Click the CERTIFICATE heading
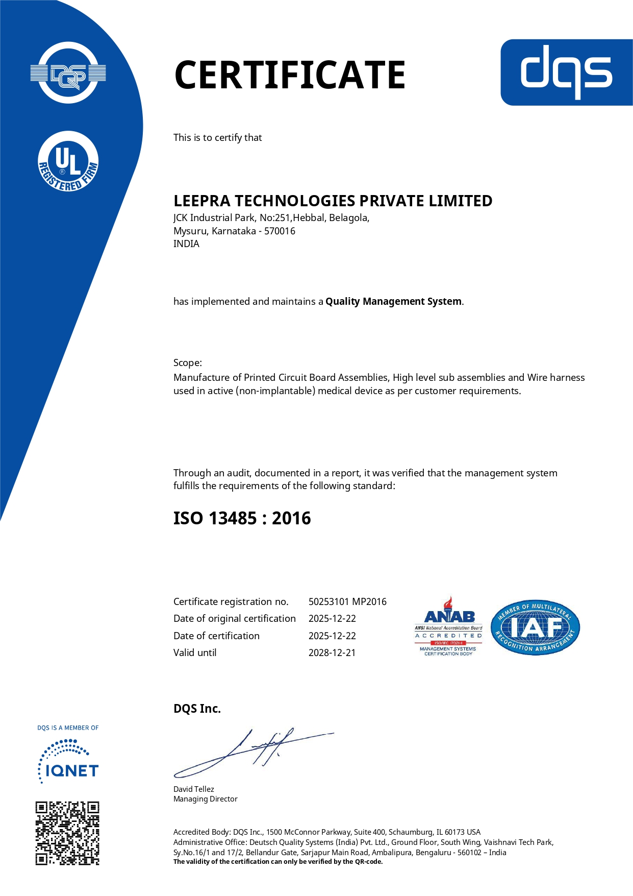[290, 75]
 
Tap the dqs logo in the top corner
[566, 72]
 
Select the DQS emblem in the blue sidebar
[68, 73]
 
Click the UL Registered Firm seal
[68, 161]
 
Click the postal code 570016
[280, 231]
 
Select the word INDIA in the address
[186, 244]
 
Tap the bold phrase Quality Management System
[393, 301]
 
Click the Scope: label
[188, 362]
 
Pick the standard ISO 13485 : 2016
[242, 518]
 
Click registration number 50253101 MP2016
[347, 601]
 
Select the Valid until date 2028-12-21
[332, 652]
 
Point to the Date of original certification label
[235, 618]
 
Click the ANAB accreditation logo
[448, 626]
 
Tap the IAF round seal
[535, 627]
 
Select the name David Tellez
[194, 789]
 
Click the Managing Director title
[206, 799]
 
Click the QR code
[67, 833]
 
